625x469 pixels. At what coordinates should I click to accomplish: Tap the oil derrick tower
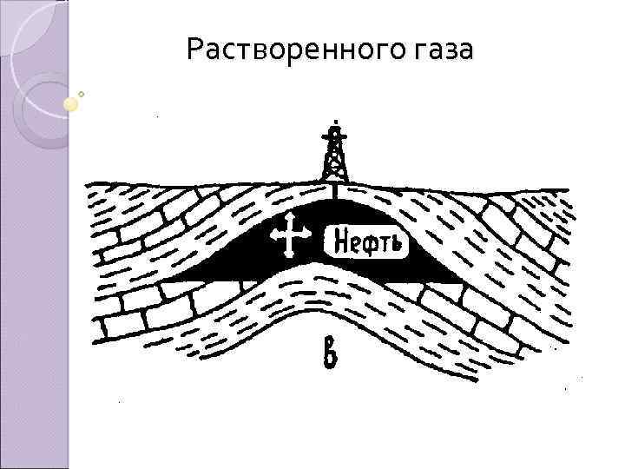[333, 156]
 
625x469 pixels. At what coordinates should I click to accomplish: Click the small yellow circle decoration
[71, 103]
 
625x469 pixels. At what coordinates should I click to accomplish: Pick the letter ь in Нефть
[397, 241]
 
